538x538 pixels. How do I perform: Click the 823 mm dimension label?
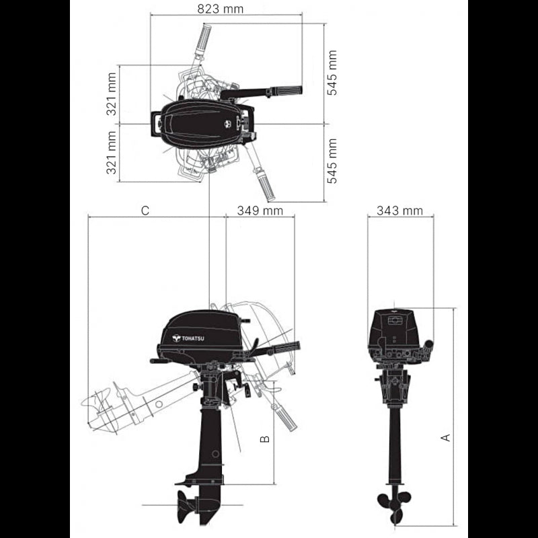click(x=221, y=9)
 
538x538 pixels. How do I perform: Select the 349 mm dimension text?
click(x=260, y=210)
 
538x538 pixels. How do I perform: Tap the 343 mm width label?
click(x=399, y=210)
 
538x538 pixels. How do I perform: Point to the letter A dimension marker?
click(x=445, y=438)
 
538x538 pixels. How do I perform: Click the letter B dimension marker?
click(x=265, y=439)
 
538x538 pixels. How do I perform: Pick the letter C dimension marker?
click(x=145, y=210)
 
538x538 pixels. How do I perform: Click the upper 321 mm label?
click(x=112, y=94)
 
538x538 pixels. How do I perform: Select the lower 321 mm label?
click(x=112, y=153)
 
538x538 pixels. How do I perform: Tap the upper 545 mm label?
click(x=332, y=73)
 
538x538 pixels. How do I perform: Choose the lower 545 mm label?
click(x=332, y=161)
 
